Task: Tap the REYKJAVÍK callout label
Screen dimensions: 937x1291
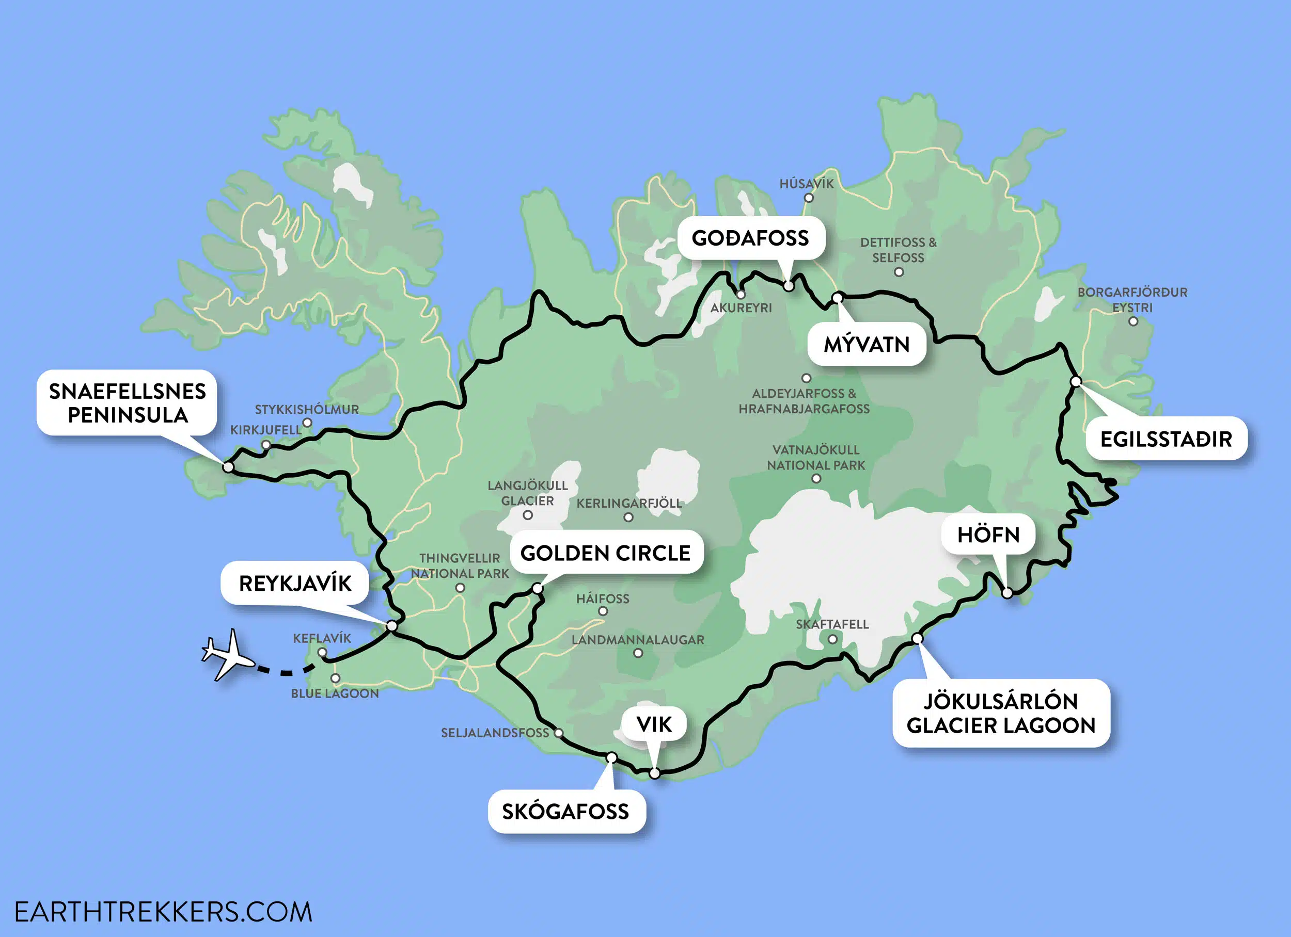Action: [295, 583]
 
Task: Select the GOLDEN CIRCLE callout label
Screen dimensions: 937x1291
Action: [606, 553]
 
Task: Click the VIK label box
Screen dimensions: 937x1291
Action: [654, 724]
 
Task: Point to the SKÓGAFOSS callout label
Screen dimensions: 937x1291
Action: [566, 811]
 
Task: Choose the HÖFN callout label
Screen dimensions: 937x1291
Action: [988, 534]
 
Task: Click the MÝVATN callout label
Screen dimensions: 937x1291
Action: [867, 344]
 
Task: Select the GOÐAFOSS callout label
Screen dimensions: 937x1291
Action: [750, 238]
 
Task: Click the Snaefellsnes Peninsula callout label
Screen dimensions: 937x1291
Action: [127, 403]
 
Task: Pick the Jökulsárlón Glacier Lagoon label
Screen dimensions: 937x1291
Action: [1001, 713]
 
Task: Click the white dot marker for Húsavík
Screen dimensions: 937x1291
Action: [808, 198]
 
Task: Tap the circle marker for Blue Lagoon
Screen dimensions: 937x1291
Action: [335, 678]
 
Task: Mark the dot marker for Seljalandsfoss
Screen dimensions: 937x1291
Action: [558, 733]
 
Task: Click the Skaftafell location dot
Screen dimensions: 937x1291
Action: [832, 639]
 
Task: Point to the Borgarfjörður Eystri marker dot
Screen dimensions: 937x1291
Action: [1133, 321]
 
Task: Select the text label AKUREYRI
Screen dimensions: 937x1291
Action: [741, 308]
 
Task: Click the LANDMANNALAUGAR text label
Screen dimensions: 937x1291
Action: [638, 640]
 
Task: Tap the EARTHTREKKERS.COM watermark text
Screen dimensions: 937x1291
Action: [163, 912]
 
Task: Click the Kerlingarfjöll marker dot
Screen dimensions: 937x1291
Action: [628, 517]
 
